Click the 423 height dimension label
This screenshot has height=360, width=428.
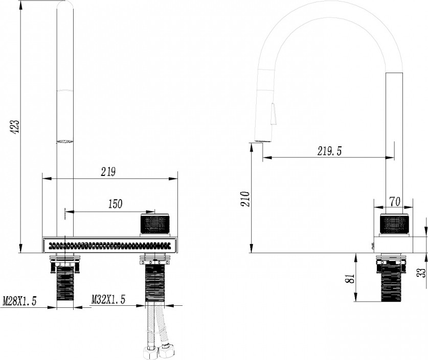(x=15, y=126)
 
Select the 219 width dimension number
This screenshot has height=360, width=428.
(x=108, y=172)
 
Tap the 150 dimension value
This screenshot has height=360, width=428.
(x=115, y=204)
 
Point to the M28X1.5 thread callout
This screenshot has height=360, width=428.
(x=19, y=301)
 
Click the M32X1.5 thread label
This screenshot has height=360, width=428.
(x=108, y=300)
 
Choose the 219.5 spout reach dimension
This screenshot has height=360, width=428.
(x=329, y=151)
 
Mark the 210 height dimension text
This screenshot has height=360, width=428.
(x=245, y=199)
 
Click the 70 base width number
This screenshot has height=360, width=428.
(x=395, y=201)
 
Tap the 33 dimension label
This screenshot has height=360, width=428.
(x=422, y=273)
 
